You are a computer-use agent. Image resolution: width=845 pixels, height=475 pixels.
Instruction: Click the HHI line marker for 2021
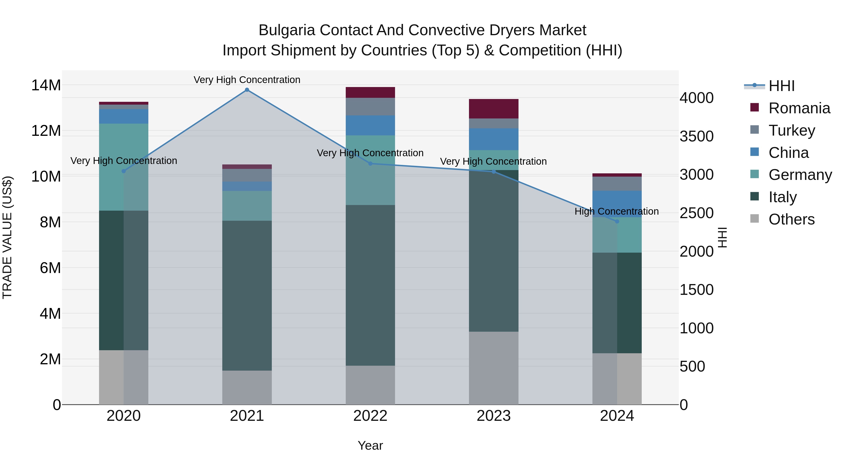[247, 90]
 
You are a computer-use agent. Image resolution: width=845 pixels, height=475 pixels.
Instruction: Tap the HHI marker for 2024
[617, 222]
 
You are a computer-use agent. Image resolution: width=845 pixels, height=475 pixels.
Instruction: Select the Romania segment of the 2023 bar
[494, 109]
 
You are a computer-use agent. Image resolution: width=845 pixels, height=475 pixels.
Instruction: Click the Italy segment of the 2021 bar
[247, 295]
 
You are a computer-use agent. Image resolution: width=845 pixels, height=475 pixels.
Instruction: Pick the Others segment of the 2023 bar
[494, 368]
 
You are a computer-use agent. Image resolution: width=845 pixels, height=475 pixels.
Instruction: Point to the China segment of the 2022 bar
[370, 125]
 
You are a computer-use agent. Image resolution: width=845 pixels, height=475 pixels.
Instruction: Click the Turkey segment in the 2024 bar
[617, 184]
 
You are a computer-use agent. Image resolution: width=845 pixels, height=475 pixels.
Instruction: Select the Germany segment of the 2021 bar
[247, 205]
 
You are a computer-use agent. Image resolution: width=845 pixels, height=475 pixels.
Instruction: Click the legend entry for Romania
[799, 108]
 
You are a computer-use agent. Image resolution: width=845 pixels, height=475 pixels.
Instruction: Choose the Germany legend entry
[800, 175]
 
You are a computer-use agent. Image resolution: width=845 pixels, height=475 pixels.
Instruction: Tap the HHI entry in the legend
[781, 86]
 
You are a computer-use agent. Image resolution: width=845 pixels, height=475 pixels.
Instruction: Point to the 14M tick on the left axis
[46, 85]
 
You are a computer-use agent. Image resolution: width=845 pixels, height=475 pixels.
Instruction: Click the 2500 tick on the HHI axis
[696, 213]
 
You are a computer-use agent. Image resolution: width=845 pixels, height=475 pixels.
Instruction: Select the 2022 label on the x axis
[370, 416]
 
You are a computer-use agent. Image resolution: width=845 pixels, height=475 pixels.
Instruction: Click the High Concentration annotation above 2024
[617, 211]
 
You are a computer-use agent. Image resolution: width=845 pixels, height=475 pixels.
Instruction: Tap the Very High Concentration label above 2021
[247, 80]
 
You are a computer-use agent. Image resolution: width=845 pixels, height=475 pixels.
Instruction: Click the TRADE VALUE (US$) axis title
[7, 237]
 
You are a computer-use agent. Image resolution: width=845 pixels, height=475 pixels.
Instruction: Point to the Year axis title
[370, 445]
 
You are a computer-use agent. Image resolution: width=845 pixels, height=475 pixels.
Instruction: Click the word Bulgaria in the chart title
[287, 30]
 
